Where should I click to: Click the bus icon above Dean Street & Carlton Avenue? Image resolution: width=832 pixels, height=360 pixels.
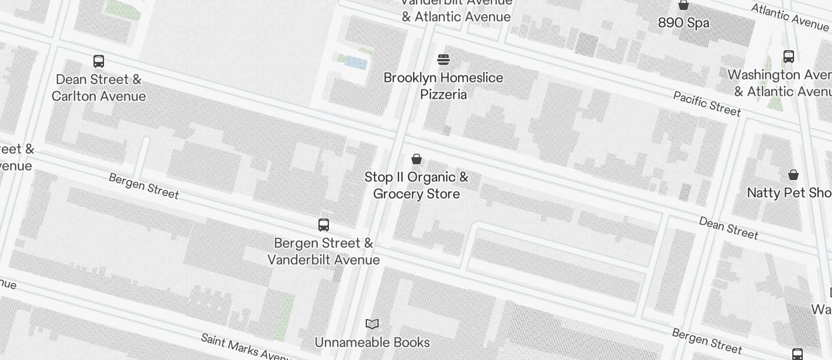point(99,61)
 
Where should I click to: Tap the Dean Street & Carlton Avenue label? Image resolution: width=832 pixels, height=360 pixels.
point(98,88)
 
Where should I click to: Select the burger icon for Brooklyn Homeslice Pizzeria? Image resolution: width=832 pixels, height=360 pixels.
point(443,60)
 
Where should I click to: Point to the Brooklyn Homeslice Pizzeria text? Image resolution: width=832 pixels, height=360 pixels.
point(443,86)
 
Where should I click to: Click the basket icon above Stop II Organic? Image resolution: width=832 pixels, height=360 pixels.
point(417,159)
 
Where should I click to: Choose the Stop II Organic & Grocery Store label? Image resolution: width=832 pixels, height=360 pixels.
point(417,185)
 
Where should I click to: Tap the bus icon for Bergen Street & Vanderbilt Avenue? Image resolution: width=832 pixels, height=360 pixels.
point(324,225)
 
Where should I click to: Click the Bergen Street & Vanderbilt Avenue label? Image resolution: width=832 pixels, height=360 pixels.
point(324,251)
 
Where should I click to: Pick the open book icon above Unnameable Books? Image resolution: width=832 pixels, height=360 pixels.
point(372,324)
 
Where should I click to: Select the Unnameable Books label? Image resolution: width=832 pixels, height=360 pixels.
point(372,342)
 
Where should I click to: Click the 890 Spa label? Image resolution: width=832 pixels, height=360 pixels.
point(684,23)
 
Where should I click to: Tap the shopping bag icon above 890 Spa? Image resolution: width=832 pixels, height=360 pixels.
point(683,5)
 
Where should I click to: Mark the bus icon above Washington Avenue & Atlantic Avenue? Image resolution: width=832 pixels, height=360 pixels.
point(789,57)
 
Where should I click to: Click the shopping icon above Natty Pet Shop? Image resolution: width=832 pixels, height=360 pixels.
point(793,175)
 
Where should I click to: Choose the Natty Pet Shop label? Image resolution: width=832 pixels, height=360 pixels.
point(789,193)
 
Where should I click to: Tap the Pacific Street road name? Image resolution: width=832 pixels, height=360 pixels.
point(707,103)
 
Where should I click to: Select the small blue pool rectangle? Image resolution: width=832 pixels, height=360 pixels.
point(356,63)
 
